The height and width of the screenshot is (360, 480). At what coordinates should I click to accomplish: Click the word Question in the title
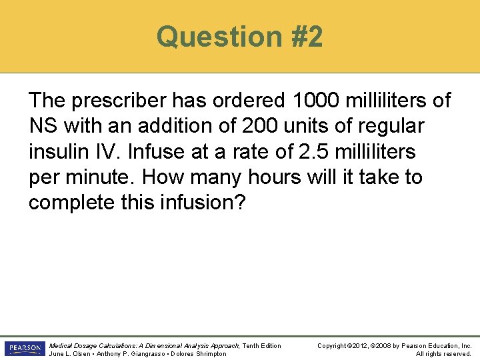pyautogui.click(x=210, y=37)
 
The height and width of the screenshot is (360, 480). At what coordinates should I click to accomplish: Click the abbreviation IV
pyautogui.click(x=107, y=151)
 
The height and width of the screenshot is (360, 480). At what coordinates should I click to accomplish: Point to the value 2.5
pyautogui.click(x=315, y=151)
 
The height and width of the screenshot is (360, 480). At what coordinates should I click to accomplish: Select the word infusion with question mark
pyautogui.click(x=203, y=202)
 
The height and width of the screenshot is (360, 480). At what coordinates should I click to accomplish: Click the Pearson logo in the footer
pyautogui.click(x=23, y=349)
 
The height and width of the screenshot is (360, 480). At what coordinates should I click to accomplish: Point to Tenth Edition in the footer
pyautogui.click(x=261, y=345)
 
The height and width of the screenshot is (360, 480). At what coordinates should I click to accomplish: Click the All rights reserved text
pyautogui.click(x=444, y=353)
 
